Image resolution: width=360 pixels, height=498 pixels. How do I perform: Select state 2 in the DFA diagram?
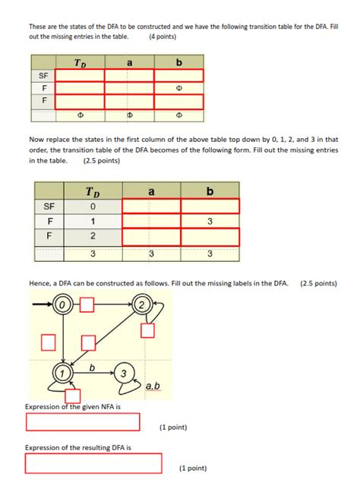pyautogui.click(x=141, y=305)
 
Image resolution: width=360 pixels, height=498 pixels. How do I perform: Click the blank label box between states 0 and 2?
pyautogui.click(x=87, y=305)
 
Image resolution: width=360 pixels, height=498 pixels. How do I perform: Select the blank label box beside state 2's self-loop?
pyautogui.click(x=147, y=330)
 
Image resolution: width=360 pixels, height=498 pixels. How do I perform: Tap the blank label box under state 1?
pyautogui.click(x=73, y=396)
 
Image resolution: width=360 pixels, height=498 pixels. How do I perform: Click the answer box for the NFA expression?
pyautogui.click(x=84, y=422)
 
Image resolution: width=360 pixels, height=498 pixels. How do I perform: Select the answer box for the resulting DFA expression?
pyautogui.click(x=94, y=462)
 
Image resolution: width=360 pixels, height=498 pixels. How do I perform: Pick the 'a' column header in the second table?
pyautogui.click(x=151, y=191)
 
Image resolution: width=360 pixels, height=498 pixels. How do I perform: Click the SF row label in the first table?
pyautogui.click(x=43, y=76)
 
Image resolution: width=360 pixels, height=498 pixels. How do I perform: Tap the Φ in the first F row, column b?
pyautogui.click(x=178, y=88)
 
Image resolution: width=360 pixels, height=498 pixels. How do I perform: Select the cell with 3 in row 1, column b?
pyautogui.click(x=210, y=222)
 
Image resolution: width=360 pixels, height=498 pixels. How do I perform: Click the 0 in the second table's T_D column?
pyautogui.click(x=93, y=206)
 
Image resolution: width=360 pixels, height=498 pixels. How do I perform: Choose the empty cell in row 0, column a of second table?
pyautogui.click(x=151, y=206)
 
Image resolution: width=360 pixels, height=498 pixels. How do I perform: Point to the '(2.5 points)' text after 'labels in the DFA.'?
pyautogui.click(x=318, y=283)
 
